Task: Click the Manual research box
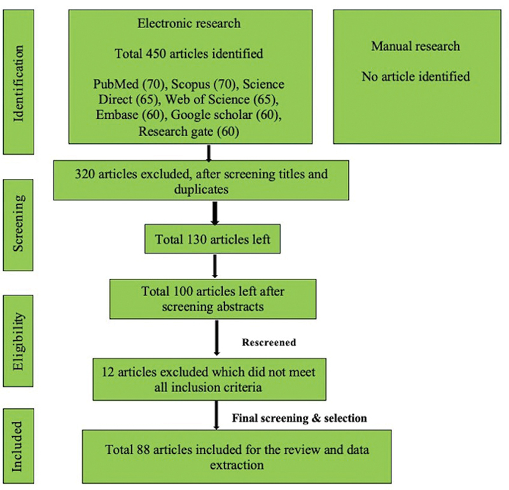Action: click(x=415, y=76)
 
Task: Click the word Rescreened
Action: click(x=269, y=342)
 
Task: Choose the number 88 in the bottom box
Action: click(x=144, y=450)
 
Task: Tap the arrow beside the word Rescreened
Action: click(x=217, y=340)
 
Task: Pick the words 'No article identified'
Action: click(x=415, y=77)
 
